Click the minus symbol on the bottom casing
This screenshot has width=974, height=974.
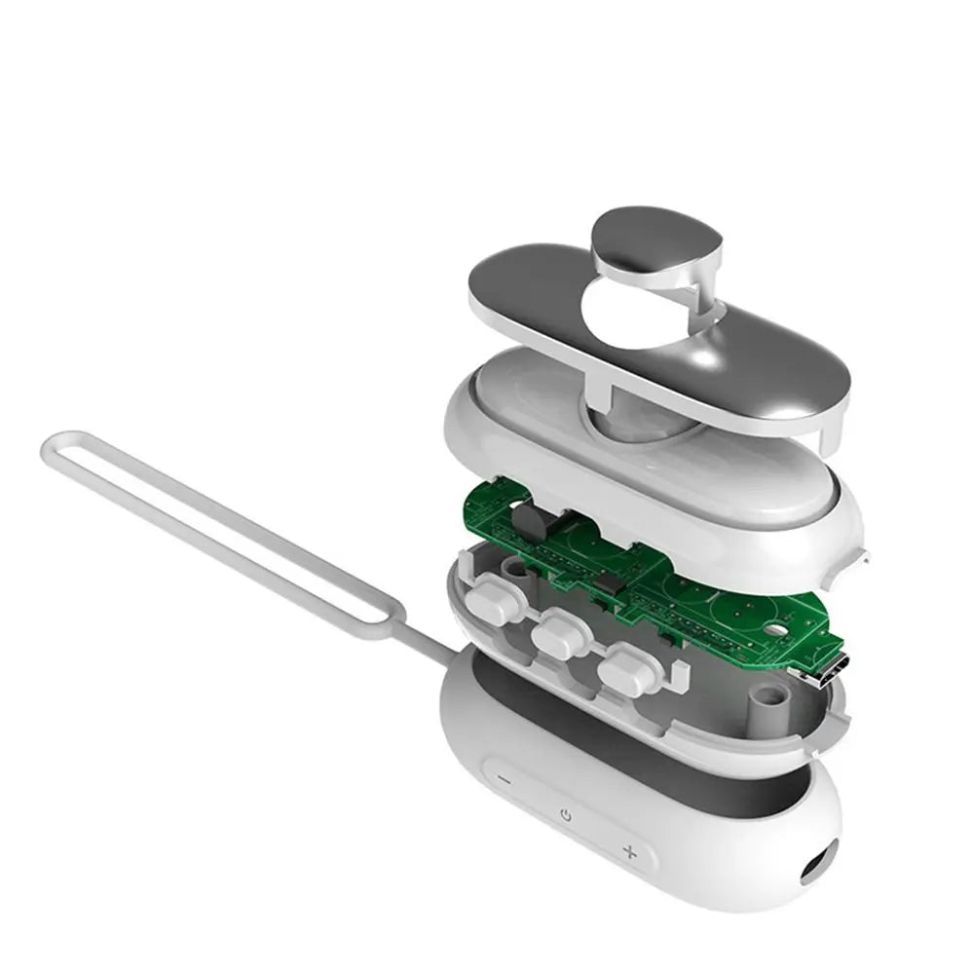point(504,779)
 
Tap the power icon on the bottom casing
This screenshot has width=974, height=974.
point(566,814)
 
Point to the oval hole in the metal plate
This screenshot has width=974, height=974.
point(631,317)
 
